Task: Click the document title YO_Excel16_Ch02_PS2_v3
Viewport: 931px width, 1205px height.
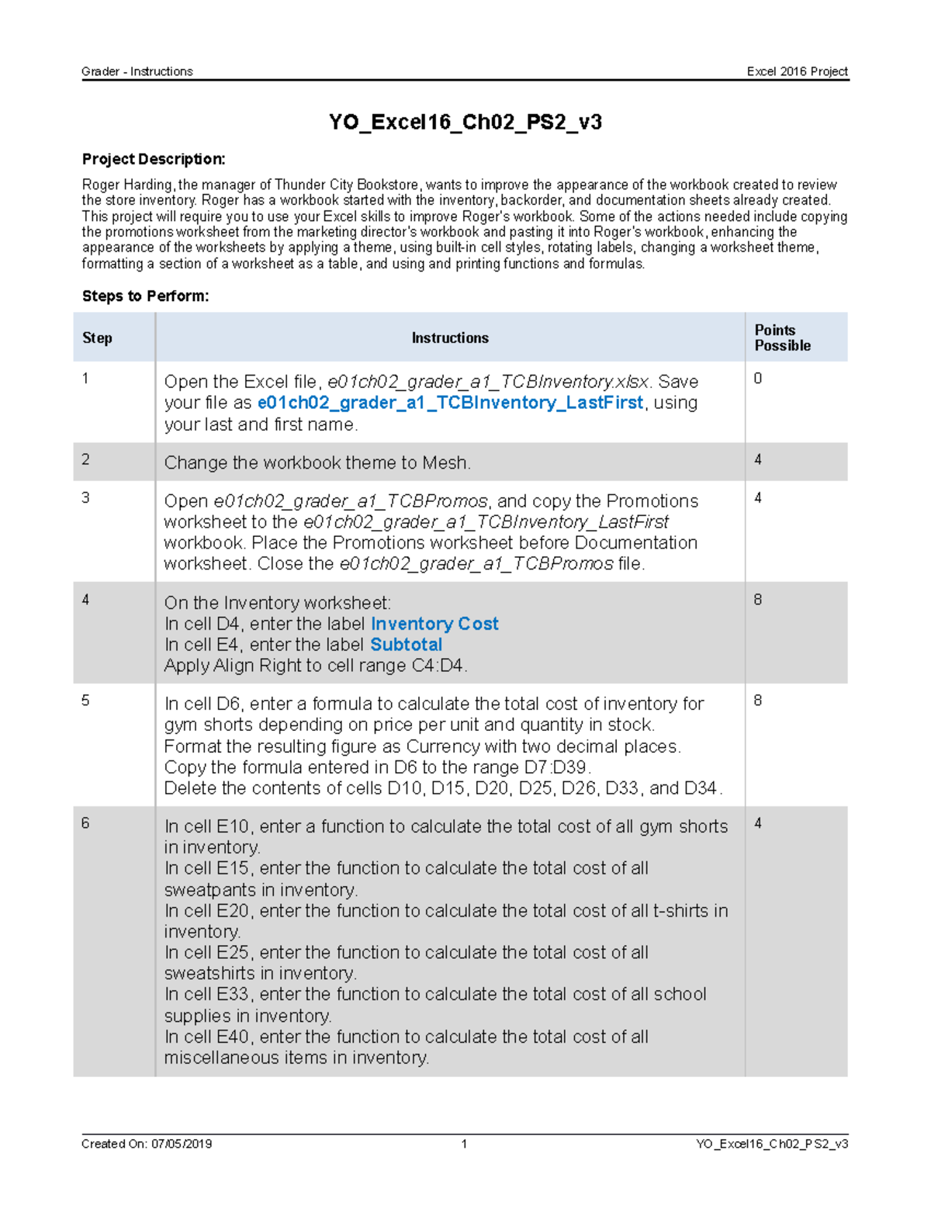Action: coord(465,123)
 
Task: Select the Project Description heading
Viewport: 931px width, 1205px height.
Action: coord(154,159)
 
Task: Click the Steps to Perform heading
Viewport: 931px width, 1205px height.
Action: coord(145,296)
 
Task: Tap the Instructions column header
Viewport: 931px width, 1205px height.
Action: coord(450,338)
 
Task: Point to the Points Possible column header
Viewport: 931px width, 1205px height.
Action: coord(782,338)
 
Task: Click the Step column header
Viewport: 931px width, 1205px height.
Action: coord(97,338)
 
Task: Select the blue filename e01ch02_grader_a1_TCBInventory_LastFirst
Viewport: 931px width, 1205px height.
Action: coord(450,403)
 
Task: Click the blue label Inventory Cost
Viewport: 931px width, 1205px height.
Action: coord(434,624)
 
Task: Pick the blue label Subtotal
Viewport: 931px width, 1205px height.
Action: coord(406,645)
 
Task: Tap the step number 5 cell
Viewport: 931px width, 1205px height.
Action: coord(85,701)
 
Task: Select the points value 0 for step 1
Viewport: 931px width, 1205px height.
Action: coord(758,379)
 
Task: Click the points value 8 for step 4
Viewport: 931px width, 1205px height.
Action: coord(758,600)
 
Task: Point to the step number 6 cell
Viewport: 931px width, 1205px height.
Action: coord(85,823)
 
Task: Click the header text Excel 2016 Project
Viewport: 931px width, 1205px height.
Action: coord(797,71)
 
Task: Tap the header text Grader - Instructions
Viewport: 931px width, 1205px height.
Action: coord(137,71)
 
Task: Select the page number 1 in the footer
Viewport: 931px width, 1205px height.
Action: coord(464,1144)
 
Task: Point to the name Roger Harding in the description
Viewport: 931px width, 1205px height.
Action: coord(128,185)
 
